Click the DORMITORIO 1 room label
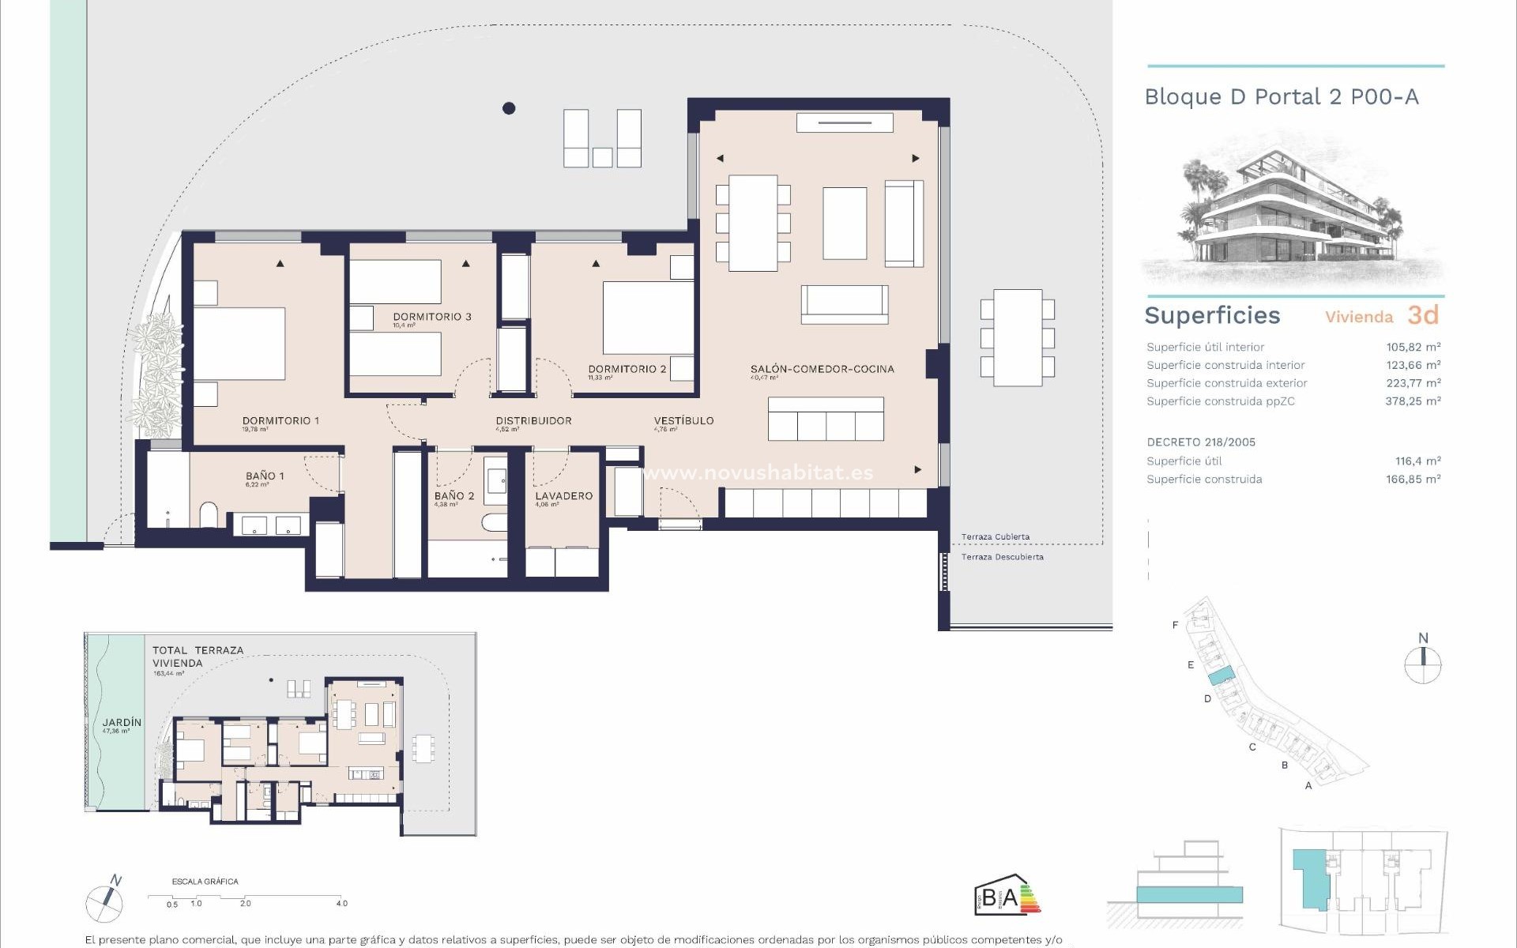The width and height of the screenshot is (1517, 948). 280,421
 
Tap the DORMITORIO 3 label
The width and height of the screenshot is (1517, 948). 432,317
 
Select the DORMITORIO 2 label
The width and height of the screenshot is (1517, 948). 627,369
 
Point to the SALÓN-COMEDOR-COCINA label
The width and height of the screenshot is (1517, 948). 822,369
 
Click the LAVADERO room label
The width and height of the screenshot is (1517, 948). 563,496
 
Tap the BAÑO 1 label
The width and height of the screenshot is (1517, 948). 265,476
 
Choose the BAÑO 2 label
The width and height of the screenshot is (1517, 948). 454,496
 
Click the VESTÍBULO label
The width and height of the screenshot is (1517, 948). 683,421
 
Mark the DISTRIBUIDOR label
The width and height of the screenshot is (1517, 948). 533,421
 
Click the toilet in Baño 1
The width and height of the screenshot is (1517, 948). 209,515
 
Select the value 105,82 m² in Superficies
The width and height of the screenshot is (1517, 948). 1413,347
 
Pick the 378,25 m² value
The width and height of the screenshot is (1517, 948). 1413,401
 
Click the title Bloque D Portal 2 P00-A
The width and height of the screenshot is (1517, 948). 1282,97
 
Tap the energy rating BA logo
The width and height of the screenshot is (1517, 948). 1007,896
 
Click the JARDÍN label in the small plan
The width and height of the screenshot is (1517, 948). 122,722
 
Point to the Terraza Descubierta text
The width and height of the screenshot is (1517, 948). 1002,557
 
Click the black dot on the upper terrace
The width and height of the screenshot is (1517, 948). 509,108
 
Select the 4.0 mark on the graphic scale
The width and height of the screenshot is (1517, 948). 341,903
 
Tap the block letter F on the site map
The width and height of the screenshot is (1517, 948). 1175,625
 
